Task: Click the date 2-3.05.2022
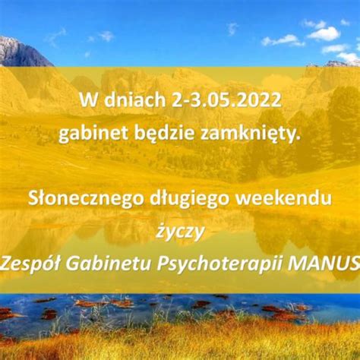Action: click(x=226, y=100)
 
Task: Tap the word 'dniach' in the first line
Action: click(x=134, y=99)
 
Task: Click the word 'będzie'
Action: click(x=164, y=134)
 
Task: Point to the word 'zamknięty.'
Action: click(x=251, y=134)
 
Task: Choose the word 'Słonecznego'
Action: click(x=86, y=199)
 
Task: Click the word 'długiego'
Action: click(x=190, y=199)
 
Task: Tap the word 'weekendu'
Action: click(x=283, y=198)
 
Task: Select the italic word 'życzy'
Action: click(x=180, y=232)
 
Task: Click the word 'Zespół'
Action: click(x=30, y=264)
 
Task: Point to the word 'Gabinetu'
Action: click(x=108, y=264)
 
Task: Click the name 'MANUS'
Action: click(x=324, y=264)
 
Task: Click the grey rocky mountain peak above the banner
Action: click(x=21, y=52)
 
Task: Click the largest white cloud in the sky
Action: click(x=324, y=34)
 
